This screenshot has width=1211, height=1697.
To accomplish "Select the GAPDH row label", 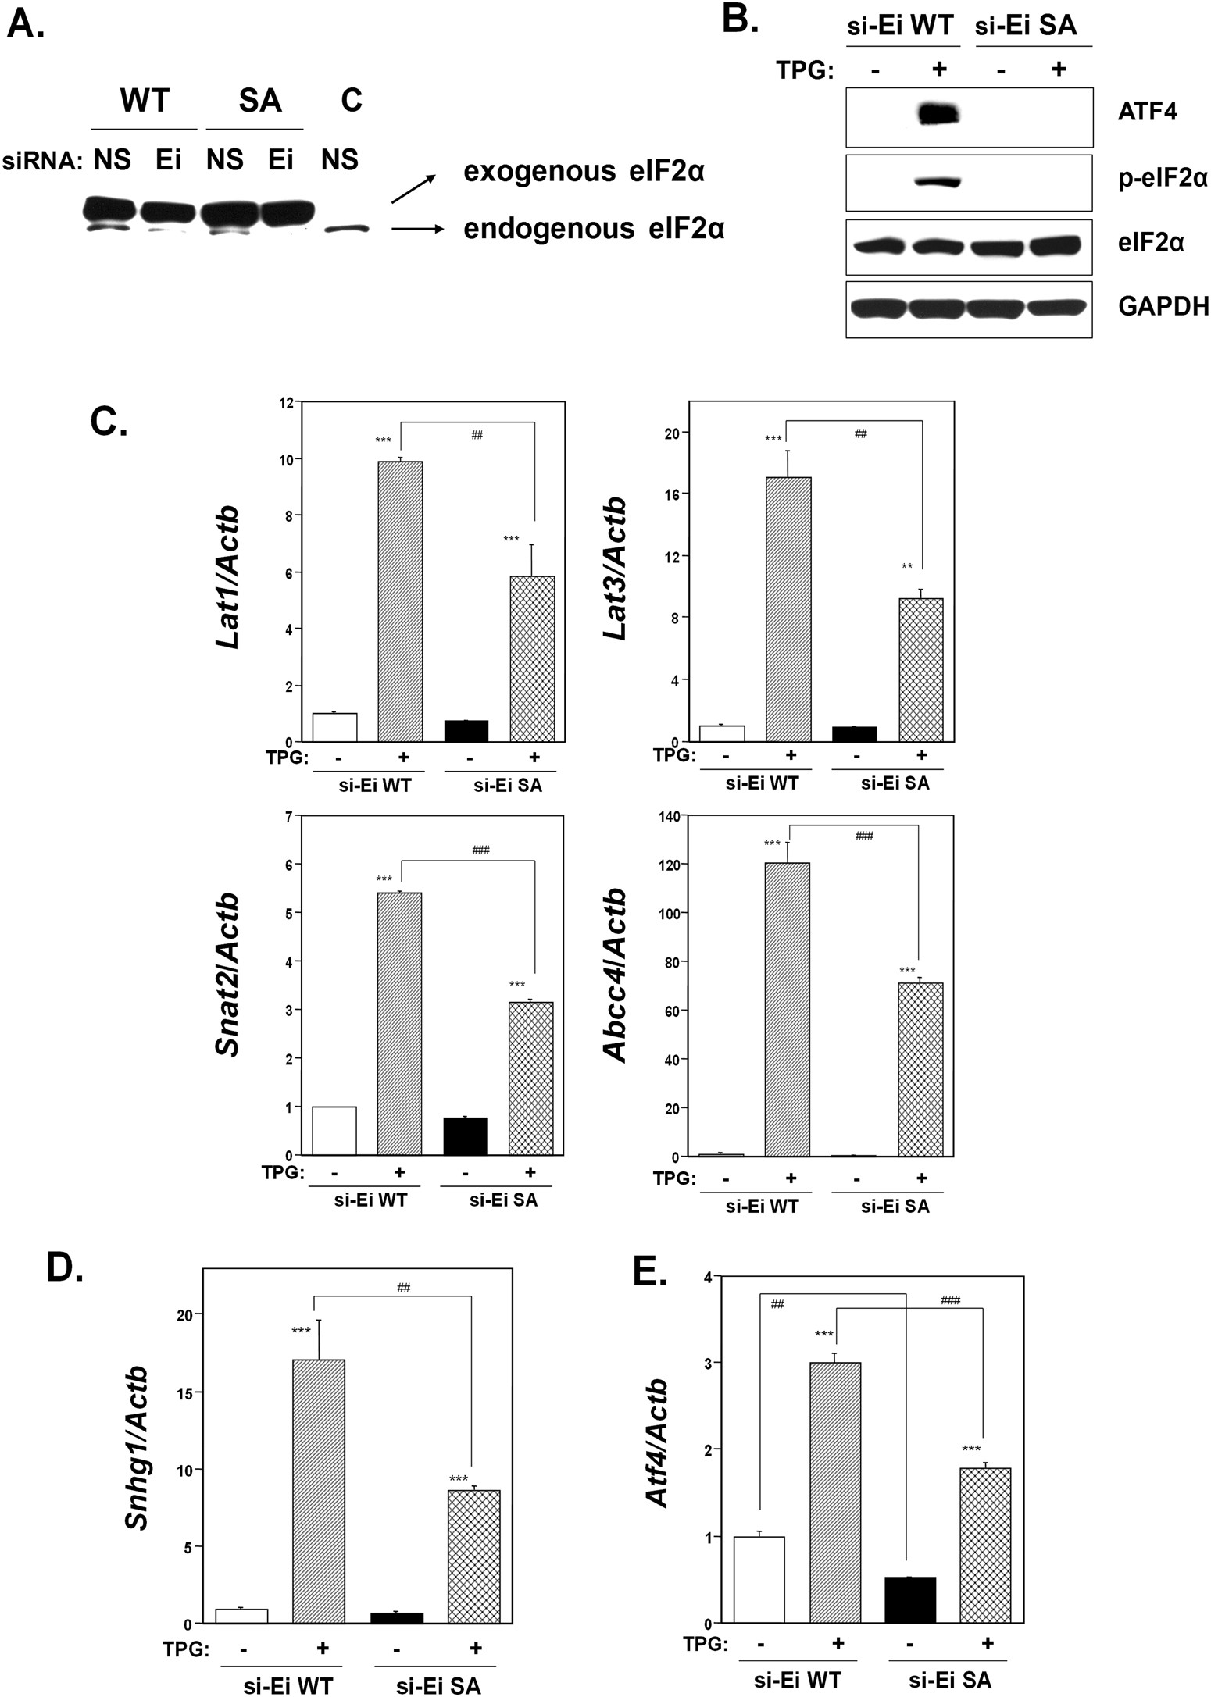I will click(x=1163, y=306).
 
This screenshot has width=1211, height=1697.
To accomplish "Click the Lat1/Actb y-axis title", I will click(x=227, y=576).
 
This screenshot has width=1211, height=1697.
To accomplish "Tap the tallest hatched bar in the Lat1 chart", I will click(x=400, y=601).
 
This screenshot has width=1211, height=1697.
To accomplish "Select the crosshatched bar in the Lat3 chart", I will click(x=921, y=669).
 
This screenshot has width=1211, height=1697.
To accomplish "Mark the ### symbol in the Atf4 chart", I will click(x=950, y=1299).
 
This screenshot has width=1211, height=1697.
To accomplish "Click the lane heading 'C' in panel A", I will click(x=351, y=100).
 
